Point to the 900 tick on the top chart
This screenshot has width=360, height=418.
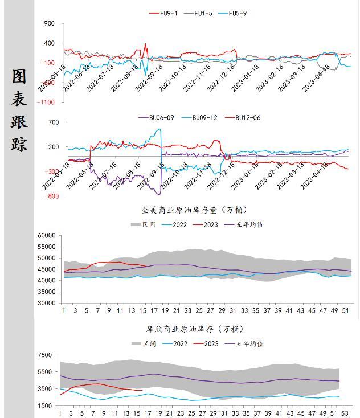[x=49, y=23]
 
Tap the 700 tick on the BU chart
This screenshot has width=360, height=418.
[x=54, y=122]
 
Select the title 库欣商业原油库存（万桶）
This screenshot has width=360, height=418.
[x=195, y=329]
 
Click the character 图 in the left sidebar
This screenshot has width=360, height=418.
[x=19, y=77]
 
